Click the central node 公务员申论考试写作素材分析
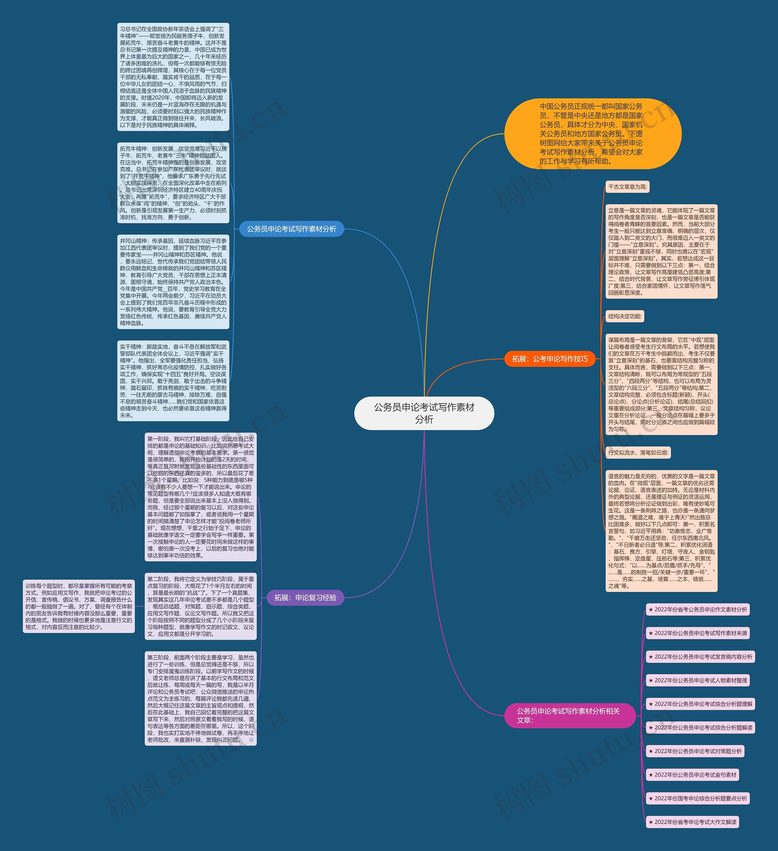424,413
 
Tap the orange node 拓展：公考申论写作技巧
550,359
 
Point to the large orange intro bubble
593,134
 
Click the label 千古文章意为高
627,187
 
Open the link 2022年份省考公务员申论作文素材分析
697,609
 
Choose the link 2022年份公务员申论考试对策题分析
695,751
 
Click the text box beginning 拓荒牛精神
173,183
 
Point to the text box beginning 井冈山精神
173,282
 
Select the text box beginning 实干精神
173,381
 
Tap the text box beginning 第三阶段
201,698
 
